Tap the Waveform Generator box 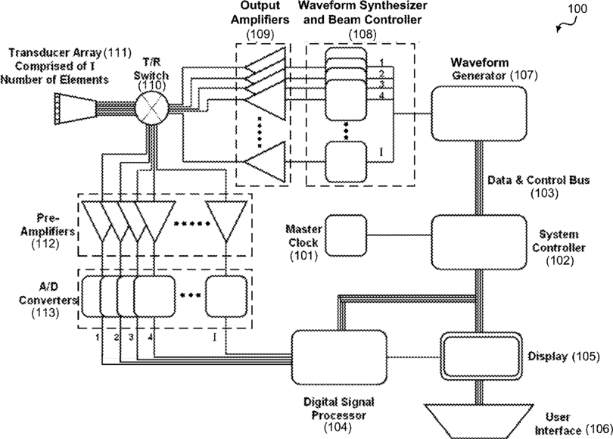point(478,113)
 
